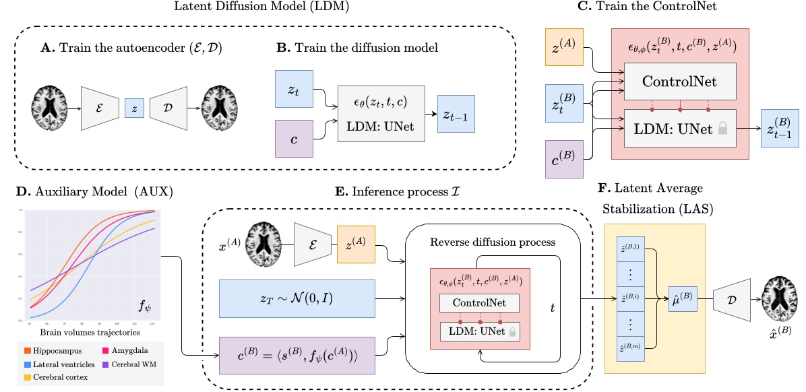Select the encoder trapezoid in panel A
(100, 108)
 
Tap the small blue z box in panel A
(134, 108)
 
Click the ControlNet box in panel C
(680, 82)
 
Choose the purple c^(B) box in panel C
(564, 159)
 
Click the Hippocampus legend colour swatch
(25, 351)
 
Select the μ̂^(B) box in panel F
(679, 296)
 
